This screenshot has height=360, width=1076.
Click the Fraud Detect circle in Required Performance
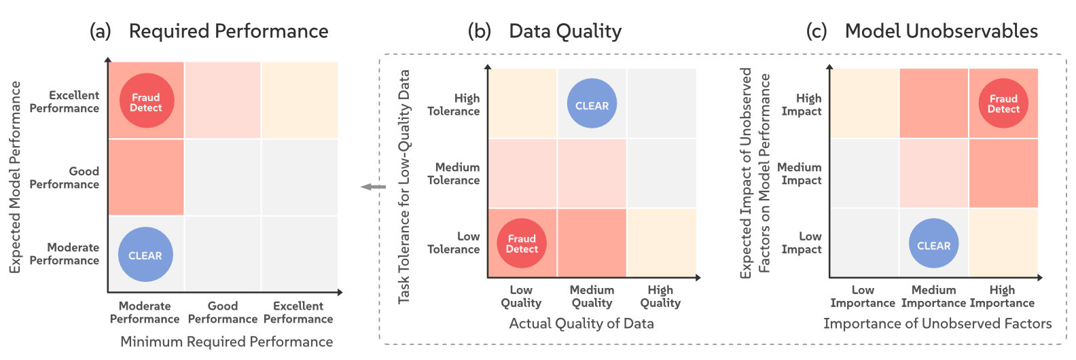[146, 101]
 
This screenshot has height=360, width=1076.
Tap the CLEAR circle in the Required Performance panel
[145, 255]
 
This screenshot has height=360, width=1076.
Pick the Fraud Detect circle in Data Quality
[522, 243]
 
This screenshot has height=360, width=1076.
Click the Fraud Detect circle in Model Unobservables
[1003, 103]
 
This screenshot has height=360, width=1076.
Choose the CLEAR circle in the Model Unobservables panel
[933, 245]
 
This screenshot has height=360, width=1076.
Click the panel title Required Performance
[228, 31]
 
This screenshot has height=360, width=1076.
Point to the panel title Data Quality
[564, 31]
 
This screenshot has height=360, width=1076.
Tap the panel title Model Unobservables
[941, 31]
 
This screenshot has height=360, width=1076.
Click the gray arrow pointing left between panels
[373, 187]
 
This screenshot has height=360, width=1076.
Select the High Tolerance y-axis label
[454, 105]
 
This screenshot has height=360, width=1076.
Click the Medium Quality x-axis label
[592, 296]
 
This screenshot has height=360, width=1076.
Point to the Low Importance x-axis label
[863, 296]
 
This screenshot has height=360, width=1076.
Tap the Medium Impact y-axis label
[800, 173]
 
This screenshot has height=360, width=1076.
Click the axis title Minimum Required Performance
[226, 341]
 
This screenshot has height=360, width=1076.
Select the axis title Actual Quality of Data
[581, 323]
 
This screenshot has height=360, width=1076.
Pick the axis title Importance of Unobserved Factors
[937, 323]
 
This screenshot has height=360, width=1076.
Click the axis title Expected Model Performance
[15, 177]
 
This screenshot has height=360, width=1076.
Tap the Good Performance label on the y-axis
[65, 177]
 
